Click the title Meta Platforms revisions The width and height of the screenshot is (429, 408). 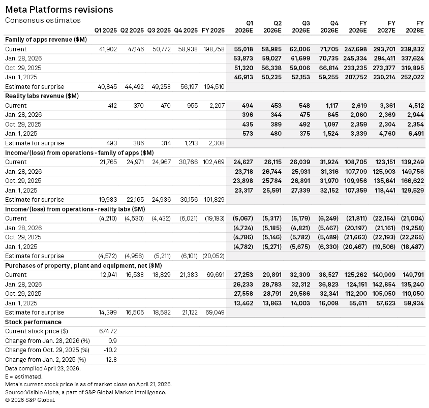(x=59, y=10)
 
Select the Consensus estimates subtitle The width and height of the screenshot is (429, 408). (x=43, y=20)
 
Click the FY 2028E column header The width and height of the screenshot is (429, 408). (x=416, y=27)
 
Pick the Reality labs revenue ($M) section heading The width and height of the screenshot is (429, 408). (x=45, y=96)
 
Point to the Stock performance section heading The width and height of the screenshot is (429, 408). (x=33, y=322)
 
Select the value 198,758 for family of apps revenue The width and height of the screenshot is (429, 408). (x=213, y=49)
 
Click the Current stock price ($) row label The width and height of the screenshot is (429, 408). (x=37, y=331)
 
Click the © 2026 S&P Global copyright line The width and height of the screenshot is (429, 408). (x=29, y=400)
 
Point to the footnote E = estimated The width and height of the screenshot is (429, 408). (x=23, y=376)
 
